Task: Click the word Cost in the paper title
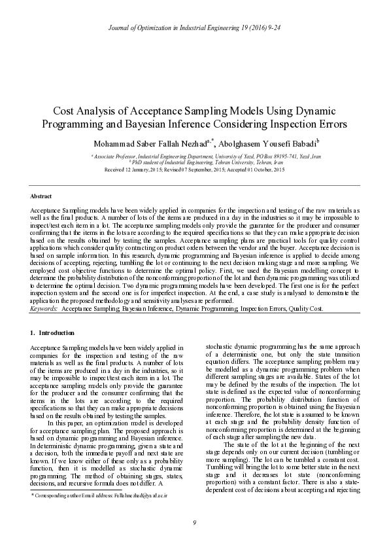point(65,111)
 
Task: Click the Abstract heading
point(41,196)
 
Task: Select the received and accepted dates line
point(194,170)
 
